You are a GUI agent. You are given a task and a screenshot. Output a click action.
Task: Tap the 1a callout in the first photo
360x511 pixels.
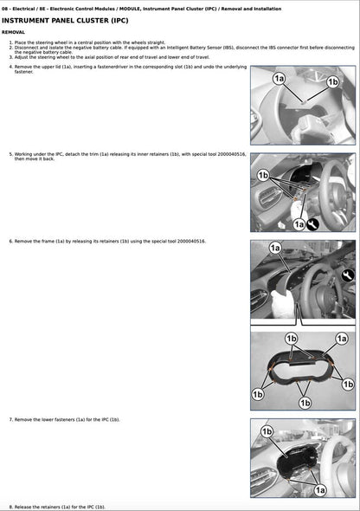coord(279,79)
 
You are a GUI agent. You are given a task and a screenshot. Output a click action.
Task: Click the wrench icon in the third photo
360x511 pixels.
coord(348,275)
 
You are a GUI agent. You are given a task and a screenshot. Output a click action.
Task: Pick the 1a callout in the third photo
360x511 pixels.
coord(275,249)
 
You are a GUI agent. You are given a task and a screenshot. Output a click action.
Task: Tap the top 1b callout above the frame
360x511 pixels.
coord(292,338)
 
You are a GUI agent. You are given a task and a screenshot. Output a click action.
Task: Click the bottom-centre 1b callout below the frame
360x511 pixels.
coord(304,402)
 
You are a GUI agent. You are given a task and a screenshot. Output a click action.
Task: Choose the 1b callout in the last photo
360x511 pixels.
coord(267,430)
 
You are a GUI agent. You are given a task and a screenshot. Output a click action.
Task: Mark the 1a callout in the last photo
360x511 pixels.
coord(321,489)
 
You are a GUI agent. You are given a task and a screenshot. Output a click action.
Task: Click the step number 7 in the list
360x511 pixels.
coord(10,418)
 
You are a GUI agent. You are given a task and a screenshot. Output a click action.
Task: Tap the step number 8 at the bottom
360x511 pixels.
coord(10,506)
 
